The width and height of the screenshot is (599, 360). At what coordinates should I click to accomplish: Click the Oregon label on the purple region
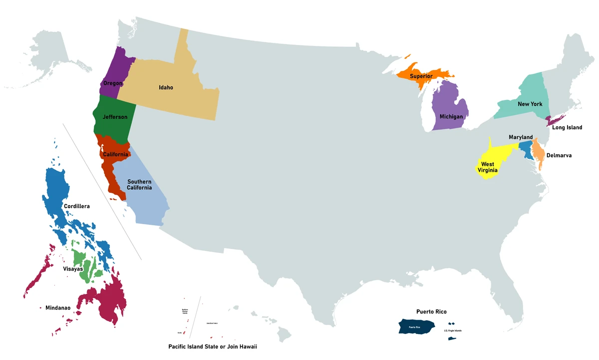pyautogui.click(x=113, y=83)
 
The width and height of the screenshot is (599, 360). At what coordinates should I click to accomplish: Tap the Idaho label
pyautogui.click(x=166, y=87)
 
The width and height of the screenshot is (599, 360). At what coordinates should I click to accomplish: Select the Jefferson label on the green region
pyautogui.click(x=115, y=117)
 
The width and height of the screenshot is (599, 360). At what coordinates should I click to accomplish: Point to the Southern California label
pyautogui.click(x=139, y=185)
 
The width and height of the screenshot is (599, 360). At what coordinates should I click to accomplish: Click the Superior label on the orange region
pyautogui.click(x=421, y=76)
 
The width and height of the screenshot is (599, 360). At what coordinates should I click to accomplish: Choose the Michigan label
pyautogui.click(x=451, y=116)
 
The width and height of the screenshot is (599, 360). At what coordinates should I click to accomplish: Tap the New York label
pyautogui.click(x=530, y=104)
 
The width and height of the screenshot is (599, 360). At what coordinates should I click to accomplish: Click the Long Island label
pyautogui.click(x=567, y=127)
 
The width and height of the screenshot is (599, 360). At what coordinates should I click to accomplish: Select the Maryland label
pyautogui.click(x=521, y=137)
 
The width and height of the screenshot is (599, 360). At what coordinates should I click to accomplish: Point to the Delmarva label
pyautogui.click(x=559, y=155)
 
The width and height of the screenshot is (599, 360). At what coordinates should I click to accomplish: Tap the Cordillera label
pyautogui.click(x=76, y=206)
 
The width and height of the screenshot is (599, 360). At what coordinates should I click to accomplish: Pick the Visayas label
pyautogui.click(x=73, y=269)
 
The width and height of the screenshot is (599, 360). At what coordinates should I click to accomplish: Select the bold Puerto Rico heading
pyautogui.click(x=431, y=312)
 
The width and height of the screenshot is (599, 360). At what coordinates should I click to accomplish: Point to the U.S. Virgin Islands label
pyautogui.click(x=453, y=331)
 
